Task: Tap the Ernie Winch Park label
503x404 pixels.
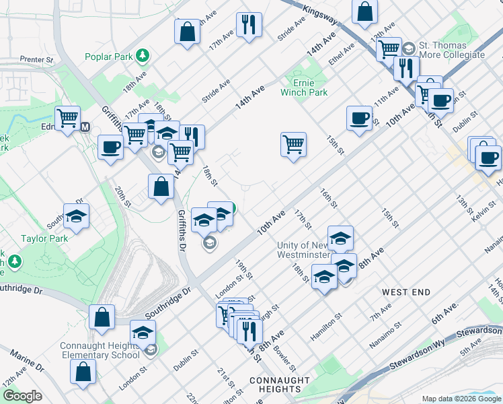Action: click(x=305, y=87)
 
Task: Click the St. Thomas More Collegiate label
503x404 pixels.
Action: click(x=451, y=49)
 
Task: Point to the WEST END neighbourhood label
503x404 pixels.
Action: click(x=406, y=292)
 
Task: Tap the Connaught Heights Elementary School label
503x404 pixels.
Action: click(x=100, y=350)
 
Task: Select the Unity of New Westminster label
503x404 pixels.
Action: click(x=305, y=250)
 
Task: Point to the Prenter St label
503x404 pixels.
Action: click(x=36, y=59)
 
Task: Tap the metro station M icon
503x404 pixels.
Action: click(x=85, y=127)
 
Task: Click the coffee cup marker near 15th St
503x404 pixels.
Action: click(x=359, y=118)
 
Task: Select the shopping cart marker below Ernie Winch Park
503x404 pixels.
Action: click(x=293, y=143)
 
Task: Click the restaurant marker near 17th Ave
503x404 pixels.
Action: click(x=249, y=24)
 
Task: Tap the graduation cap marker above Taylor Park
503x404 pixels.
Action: click(x=77, y=216)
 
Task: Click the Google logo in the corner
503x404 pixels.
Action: click(x=22, y=396)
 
